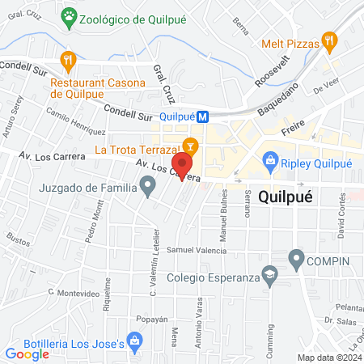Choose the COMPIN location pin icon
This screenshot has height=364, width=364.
point(297,260)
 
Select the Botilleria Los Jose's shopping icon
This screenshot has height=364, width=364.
point(135,345)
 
